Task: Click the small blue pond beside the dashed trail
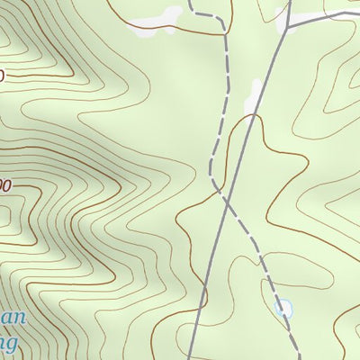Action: point(284,308)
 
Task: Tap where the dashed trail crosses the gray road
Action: point(225,195)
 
